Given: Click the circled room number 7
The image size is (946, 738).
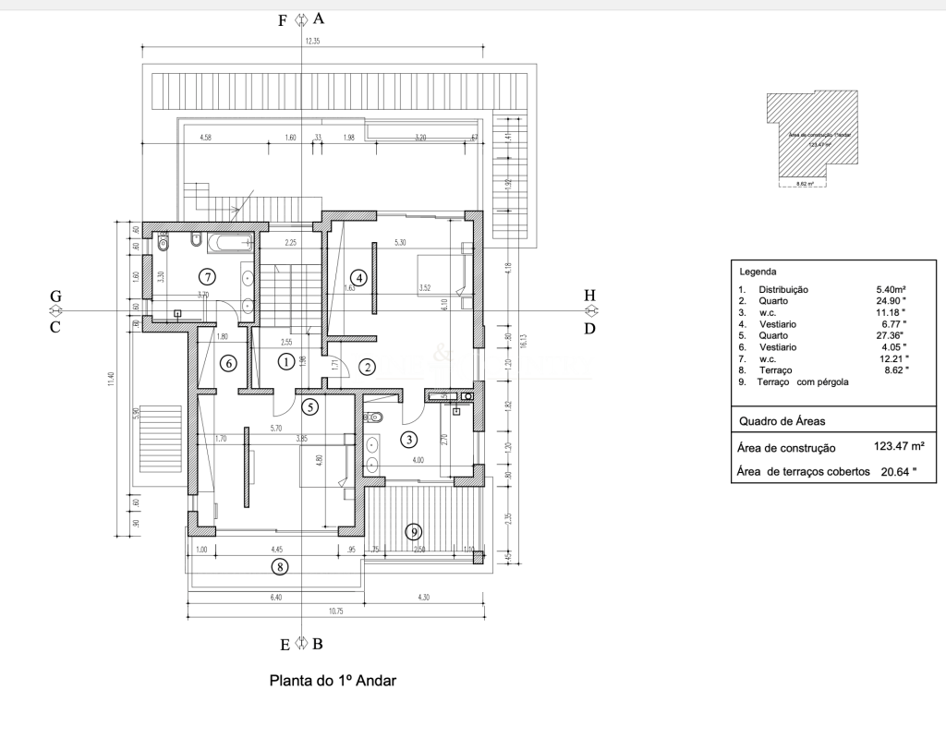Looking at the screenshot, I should (207, 276).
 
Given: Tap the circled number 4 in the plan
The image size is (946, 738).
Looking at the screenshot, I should (358, 276).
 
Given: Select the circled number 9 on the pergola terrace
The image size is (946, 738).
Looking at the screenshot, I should (414, 531).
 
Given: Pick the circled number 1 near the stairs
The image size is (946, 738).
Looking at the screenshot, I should (286, 362).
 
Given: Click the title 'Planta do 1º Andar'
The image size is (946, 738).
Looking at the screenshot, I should (332, 682).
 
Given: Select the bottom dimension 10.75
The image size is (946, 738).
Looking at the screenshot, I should (334, 611).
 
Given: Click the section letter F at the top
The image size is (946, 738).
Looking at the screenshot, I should (284, 19).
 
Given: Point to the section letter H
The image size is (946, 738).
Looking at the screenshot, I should (589, 296).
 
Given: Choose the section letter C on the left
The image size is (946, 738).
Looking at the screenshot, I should (55, 327).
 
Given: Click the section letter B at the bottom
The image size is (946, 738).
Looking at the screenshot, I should (318, 644).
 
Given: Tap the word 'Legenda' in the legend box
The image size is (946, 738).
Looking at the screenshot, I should (758, 272).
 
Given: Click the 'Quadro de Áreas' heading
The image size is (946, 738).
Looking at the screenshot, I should (782, 421).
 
